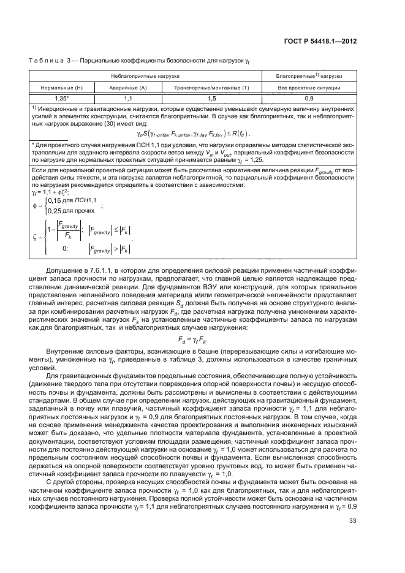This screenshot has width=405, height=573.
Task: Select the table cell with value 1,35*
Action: (61, 97)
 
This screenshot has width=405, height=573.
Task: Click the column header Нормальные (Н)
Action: (61, 87)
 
